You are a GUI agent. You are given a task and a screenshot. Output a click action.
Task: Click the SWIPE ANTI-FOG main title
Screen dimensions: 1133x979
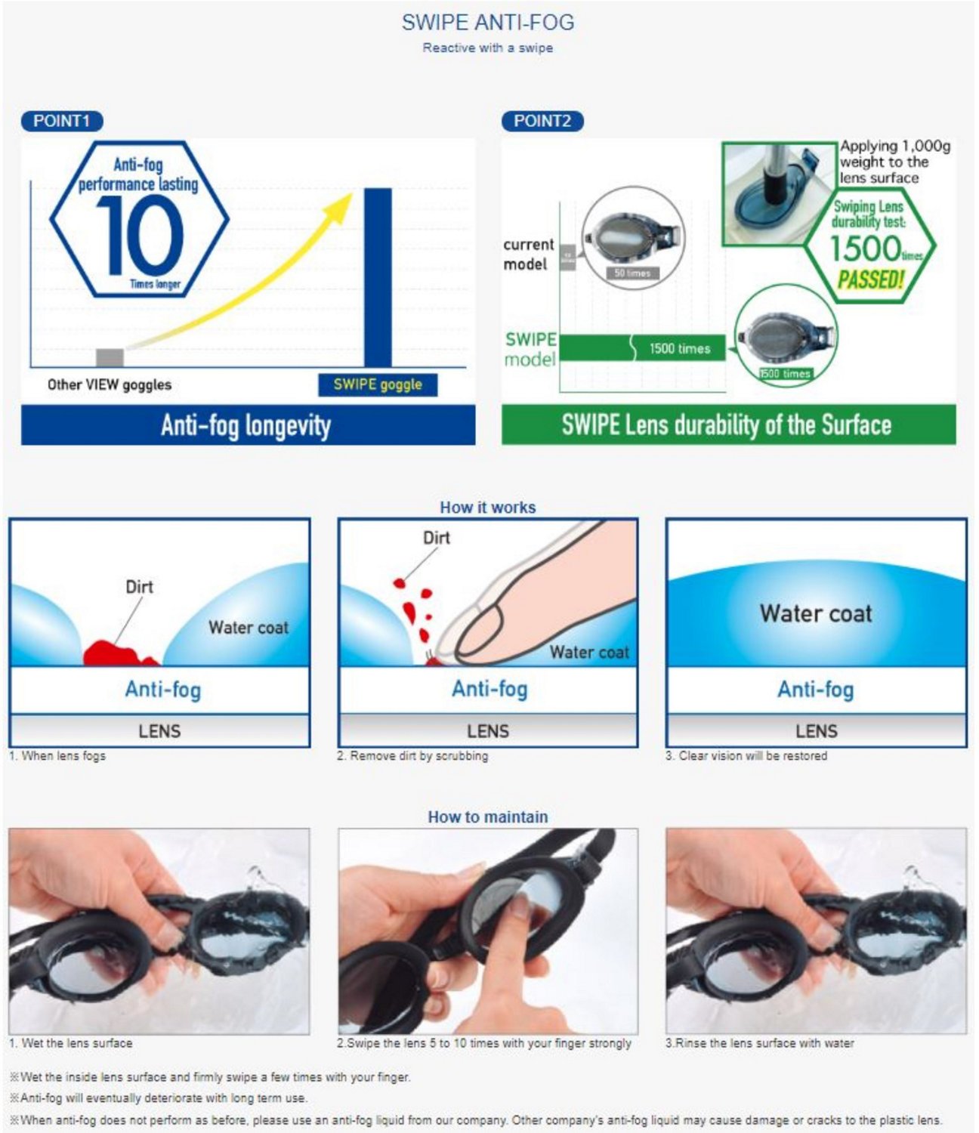tap(487, 22)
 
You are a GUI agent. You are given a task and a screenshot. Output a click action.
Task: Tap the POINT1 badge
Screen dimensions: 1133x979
tap(62, 121)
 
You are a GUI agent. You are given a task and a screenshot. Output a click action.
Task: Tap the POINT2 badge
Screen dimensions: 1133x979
tap(542, 121)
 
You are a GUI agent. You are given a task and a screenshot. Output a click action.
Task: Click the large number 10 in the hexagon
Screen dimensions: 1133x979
tap(140, 234)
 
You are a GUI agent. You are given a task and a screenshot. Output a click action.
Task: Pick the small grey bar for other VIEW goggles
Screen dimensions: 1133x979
tap(110, 357)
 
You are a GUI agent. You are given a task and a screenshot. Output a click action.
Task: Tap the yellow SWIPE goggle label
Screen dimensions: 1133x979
tap(378, 384)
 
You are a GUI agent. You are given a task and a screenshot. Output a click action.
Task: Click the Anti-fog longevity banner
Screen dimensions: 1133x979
tap(248, 425)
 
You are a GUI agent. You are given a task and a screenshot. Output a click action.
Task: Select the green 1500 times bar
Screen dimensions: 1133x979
tap(642, 348)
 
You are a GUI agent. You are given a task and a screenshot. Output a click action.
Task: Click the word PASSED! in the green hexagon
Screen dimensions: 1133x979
tap(870, 280)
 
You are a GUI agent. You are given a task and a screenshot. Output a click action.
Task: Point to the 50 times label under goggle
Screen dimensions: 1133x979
tap(632, 273)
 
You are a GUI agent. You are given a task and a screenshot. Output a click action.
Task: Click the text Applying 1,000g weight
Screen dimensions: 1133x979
tap(894, 162)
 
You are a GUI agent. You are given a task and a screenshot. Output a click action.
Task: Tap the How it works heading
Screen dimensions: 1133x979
tap(487, 508)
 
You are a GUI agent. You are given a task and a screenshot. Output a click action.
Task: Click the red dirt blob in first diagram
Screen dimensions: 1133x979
tap(113, 653)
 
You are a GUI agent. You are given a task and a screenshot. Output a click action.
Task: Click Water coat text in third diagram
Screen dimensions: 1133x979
tap(816, 613)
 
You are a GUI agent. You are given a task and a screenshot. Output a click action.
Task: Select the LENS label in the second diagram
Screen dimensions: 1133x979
tap(487, 731)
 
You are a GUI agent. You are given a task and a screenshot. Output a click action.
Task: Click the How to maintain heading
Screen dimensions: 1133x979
tap(487, 817)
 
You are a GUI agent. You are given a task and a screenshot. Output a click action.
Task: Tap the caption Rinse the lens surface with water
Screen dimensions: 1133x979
tap(759, 1043)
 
